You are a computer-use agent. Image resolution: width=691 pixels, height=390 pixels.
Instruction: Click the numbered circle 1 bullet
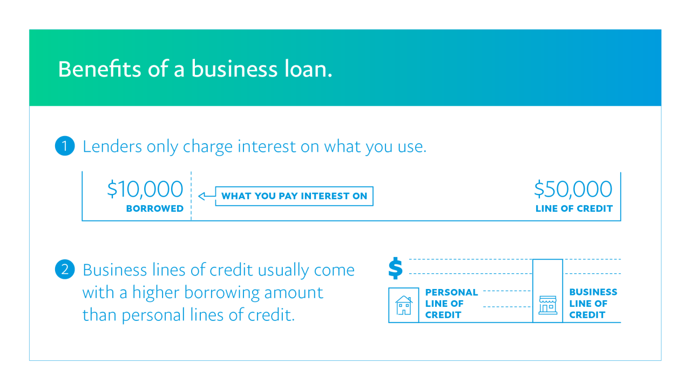[x=64, y=146]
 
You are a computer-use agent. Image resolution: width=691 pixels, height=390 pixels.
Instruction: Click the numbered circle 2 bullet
[x=64, y=270]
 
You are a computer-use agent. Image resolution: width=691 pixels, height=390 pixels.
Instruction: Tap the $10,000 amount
[x=145, y=190]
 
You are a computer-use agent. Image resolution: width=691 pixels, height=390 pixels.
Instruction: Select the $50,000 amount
[x=573, y=190]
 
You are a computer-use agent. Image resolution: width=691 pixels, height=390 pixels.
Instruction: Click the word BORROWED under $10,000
[x=154, y=209]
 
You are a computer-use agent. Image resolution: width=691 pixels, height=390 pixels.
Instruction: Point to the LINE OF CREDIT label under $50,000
[x=574, y=209]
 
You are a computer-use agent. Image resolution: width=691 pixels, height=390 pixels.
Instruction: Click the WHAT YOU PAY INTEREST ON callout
[x=294, y=196]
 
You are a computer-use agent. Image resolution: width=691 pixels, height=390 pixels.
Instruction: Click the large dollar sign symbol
[x=396, y=268]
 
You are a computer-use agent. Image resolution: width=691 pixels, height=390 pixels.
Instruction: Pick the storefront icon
[x=547, y=305]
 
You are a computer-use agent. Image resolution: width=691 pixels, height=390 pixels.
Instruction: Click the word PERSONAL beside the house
[x=451, y=292]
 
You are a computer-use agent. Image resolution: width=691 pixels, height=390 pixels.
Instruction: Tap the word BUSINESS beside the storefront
[x=593, y=292]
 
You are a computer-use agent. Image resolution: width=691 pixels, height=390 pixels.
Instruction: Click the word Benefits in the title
[x=100, y=69]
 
